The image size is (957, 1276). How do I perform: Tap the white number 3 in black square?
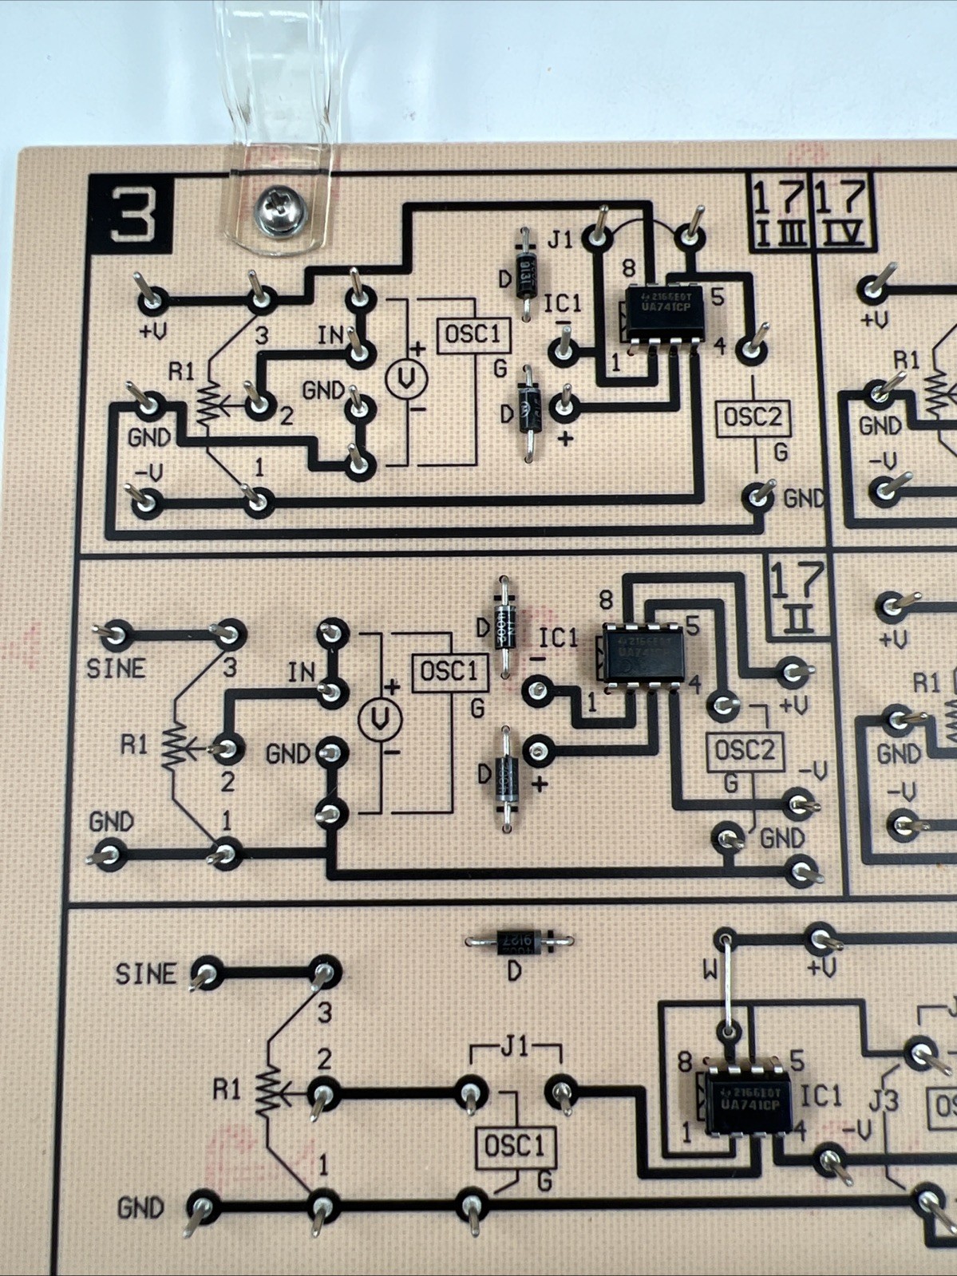click(x=131, y=214)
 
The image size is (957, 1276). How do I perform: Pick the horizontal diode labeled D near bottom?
click(x=520, y=942)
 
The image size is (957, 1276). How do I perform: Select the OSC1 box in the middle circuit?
click(x=449, y=672)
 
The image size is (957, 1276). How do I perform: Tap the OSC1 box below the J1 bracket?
click(x=515, y=1147)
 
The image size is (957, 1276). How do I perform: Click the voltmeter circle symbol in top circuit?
click(x=406, y=380)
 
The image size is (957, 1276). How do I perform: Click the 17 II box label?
click(x=797, y=598)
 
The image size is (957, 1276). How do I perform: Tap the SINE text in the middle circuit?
click(x=117, y=669)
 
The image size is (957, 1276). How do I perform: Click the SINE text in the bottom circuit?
click(x=145, y=974)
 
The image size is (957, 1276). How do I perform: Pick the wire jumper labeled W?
click(x=727, y=986)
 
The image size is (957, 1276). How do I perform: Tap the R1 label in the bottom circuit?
click(x=226, y=1088)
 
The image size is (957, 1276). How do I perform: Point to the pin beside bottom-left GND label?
click(x=200, y=1207)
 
